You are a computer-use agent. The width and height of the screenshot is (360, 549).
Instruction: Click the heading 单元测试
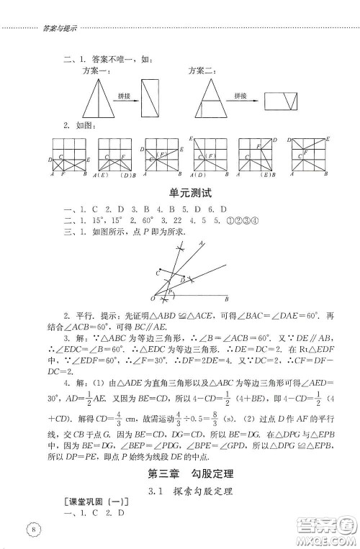coord(179,193)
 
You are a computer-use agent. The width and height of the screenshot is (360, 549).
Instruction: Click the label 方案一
coord(95,71)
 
